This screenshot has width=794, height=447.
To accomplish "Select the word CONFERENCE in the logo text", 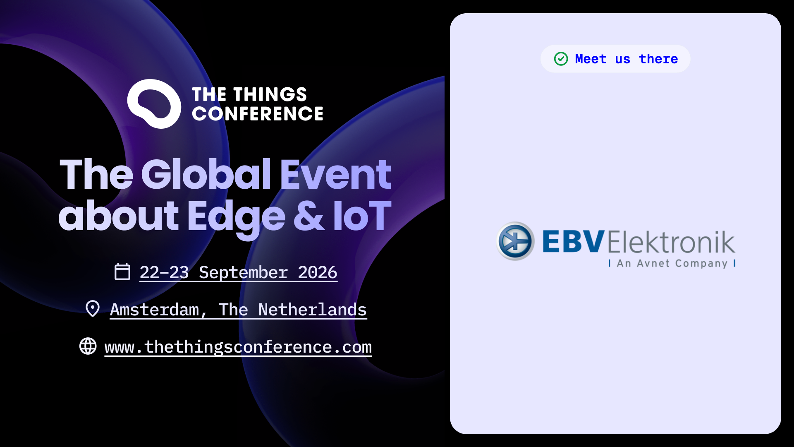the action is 258,113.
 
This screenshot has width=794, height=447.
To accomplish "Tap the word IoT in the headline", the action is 362,216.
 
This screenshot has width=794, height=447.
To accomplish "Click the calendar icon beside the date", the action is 122,272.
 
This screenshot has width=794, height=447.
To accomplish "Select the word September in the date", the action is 243,273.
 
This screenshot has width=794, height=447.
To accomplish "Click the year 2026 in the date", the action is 318,272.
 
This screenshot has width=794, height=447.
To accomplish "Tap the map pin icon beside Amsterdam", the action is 93,309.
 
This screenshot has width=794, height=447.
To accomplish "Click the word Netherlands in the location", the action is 313,310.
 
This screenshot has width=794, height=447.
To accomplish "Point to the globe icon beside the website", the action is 88,346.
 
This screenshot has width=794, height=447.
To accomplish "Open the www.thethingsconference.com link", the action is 238,347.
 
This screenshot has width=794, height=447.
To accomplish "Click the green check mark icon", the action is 561,59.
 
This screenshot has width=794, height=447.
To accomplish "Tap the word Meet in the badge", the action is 591,59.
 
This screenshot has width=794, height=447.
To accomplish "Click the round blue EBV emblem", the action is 515,241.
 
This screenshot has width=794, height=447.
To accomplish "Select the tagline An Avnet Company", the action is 672,264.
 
